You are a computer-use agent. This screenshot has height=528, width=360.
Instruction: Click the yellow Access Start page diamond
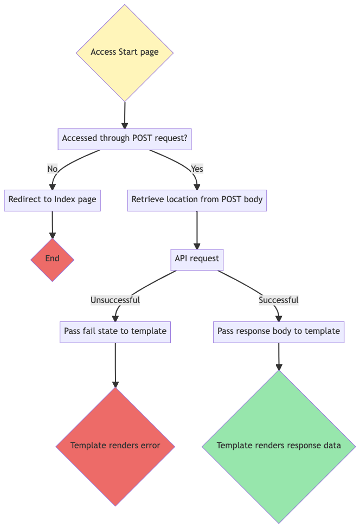(125, 53)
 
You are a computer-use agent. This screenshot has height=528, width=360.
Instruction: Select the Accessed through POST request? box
(125, 139)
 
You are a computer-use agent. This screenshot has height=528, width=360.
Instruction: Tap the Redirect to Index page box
(52, 199)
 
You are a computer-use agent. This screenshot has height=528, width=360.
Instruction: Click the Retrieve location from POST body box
(197, 199)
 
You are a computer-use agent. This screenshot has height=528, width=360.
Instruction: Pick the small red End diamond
(52, 259)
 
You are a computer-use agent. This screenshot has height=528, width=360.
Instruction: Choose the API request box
(197, 259)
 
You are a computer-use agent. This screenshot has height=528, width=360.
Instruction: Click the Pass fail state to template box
(115, 331)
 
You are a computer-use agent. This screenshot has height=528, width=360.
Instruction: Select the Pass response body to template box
(279, 331)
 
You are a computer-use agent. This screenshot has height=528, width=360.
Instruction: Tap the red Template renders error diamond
(115, 446)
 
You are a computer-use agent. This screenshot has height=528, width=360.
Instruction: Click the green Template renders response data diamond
(279, 446)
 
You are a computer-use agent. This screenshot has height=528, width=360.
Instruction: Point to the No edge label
(52, 169)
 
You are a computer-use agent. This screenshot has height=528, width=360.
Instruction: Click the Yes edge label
(197, 169)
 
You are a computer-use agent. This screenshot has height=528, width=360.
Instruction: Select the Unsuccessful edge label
(115, 300)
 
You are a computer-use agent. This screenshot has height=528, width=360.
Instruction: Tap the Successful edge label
(279, 300)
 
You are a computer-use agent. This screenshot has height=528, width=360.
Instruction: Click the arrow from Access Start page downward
(125, 115)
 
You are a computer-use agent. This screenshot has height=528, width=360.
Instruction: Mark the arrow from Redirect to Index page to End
(52, 224)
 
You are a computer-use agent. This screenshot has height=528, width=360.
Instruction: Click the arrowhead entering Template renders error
(115, 384)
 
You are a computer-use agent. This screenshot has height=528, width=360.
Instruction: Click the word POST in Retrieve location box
(232, 199)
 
